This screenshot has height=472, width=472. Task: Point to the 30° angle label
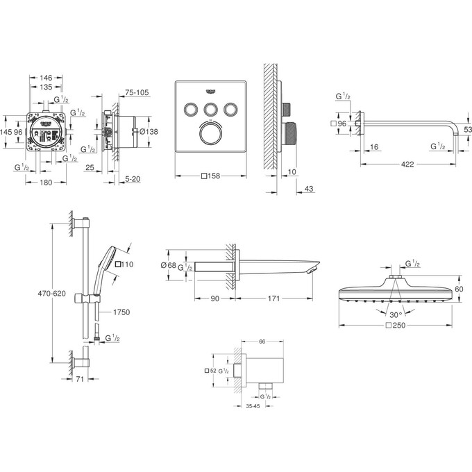[x=395, y=314]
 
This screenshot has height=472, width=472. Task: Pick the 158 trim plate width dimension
[x=212, y=176]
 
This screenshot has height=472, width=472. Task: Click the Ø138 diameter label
[x=151, y=131]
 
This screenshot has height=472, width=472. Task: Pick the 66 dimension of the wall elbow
[x=261, y=342]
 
